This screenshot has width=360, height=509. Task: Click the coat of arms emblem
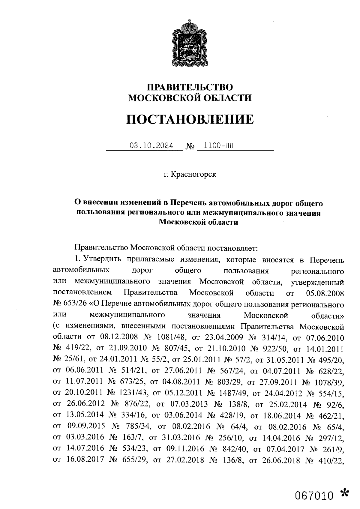coord(189,43)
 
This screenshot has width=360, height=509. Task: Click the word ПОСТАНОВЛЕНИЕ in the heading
coord(190,119)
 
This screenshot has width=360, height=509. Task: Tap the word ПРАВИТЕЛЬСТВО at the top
coord(189,87)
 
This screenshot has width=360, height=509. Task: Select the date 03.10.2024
coord(151,146)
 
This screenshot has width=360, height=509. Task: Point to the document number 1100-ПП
coord(218,146)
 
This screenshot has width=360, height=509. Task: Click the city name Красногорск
coord(193,174)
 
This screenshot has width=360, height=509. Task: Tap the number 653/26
coord(76,304)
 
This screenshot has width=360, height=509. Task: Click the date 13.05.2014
coord(85,415)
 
